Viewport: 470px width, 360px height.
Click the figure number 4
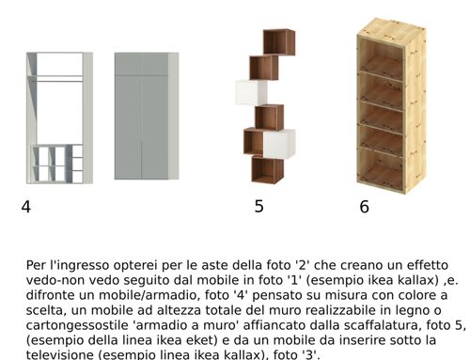tap(26, 207)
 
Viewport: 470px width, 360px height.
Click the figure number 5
tap(258, 206)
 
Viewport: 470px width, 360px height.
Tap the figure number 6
tap(364, 207)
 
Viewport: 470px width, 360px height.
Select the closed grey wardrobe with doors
tap(147, 116)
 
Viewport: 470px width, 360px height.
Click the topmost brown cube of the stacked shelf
tap(279, 42)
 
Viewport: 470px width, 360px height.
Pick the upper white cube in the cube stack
tap(251, 93)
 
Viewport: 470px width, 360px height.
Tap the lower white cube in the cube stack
tap(279, 144)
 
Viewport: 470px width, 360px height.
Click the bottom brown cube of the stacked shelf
tap(267, 170)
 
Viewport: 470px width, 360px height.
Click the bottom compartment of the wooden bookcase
tap(381, 167)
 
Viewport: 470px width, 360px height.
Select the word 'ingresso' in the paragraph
tap(83, 266)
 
